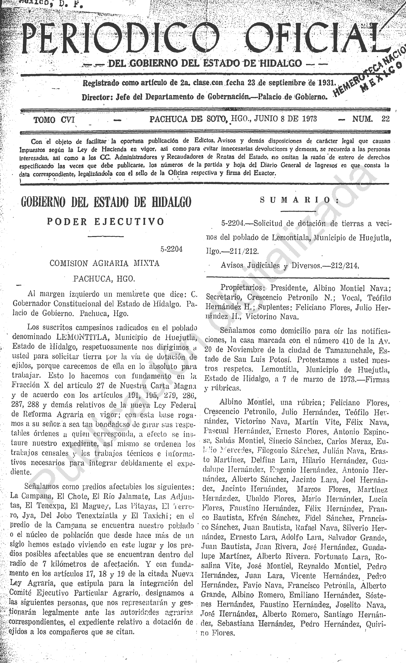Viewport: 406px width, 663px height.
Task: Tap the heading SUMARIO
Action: [298, 200]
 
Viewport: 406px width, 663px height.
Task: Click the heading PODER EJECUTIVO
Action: [106, 221]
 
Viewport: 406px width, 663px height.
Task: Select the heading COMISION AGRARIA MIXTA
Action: [105, 263]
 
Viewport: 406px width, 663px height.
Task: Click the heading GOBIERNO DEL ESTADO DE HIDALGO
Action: [106, 202]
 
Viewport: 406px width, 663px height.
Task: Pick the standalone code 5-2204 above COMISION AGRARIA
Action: [171, 249]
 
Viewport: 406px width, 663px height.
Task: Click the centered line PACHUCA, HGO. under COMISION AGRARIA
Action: [104, 279]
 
